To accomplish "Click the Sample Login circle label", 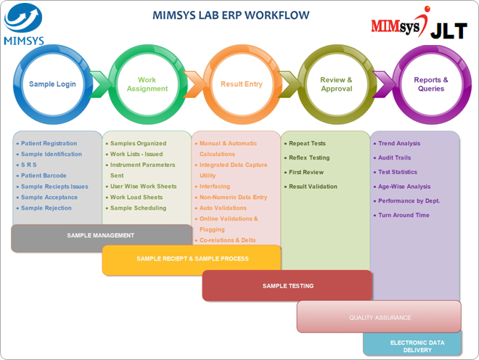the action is point(52,84).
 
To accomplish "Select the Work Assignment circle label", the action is point(147,84).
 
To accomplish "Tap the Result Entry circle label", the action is point(242,84).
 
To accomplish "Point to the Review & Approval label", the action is point(336,84).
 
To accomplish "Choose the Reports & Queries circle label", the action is point(431,84).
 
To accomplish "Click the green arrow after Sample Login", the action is point(100,84).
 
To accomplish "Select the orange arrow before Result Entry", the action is point(195,84).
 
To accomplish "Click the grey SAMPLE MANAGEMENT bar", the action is point(102,238).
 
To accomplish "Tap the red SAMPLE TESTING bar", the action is point(287,286).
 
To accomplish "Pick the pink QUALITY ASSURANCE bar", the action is point(379,316).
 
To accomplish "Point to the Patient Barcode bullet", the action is point(41,176).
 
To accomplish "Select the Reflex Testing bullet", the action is point(307,157).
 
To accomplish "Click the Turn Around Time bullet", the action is point(401,215).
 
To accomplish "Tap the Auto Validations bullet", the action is point(221,208).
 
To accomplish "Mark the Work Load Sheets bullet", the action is point(134,197).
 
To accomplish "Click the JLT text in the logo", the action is point(449,30).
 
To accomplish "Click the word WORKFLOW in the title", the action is point(277,15).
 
